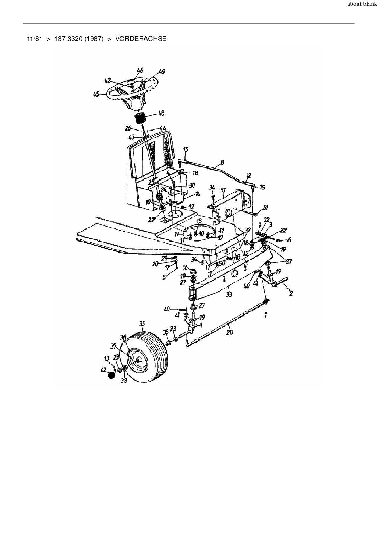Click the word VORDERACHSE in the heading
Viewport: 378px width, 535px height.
click(141, 39)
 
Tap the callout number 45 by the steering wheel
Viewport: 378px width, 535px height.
click(96, 95)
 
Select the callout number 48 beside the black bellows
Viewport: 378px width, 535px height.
click(161, 113)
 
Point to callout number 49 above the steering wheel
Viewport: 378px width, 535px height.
click(162, 72)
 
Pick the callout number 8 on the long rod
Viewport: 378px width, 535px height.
click(222, 163)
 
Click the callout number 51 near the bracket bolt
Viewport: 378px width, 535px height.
click(266, 208)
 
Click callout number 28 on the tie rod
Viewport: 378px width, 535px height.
click(230, 332)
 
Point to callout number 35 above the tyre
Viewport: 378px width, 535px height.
click(142, 324)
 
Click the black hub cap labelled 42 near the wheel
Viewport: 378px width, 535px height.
click(112, 375)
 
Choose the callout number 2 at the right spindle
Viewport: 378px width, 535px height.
click(291, 293)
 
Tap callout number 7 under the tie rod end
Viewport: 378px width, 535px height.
click(266, 314)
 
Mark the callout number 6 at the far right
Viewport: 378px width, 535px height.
click(289, 240)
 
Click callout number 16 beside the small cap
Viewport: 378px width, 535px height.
click(185, 267)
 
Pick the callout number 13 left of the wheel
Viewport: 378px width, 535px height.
click(106, 358)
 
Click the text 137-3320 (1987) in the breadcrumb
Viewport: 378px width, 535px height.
click(79, 39)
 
